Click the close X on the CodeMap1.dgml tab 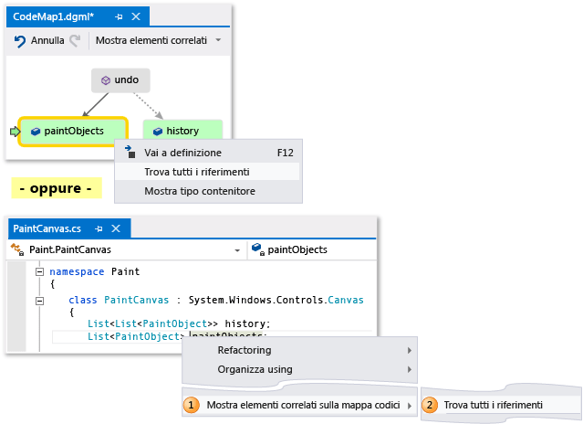pos(136,16)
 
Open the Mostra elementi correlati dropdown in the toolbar pos(218,41)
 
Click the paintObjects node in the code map pos(73,131)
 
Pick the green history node pos(182,131)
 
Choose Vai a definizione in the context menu pos(182,153)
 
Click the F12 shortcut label pos(285,153)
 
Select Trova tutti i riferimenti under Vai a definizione pos(196,172)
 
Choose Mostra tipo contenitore pos(199,191)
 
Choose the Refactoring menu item pos(244,350)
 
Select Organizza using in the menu pos(255,369)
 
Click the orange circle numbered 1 pos(192,404)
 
